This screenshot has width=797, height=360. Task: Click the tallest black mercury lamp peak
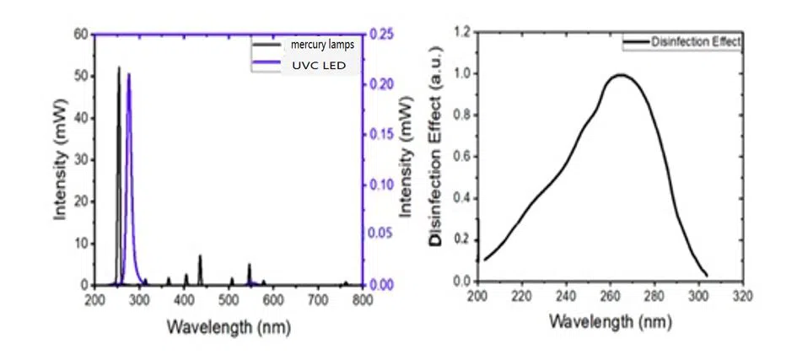119,67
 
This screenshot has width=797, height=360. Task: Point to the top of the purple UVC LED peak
129,74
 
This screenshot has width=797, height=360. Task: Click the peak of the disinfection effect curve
621,75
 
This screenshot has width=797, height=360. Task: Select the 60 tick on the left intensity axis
81,35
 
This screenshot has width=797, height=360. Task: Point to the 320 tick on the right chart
742,296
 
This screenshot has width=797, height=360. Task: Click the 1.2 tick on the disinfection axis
462,33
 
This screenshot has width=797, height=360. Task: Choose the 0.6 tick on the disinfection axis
462,157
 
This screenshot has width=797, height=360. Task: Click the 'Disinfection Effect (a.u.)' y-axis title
435,157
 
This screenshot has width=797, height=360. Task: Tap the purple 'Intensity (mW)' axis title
409,160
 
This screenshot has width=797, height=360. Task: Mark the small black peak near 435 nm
200,256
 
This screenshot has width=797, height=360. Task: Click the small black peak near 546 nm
249,266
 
